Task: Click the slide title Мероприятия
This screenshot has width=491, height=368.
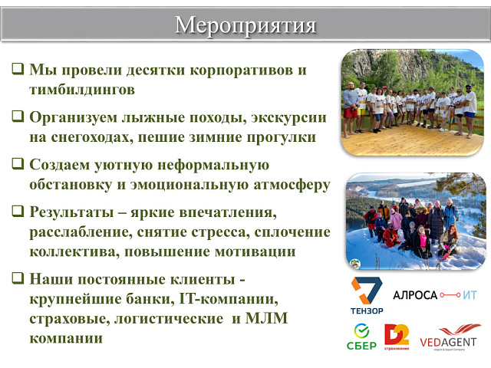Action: (245, 25)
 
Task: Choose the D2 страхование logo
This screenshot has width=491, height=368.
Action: (397, 337)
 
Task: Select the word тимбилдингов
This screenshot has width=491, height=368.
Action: (82, 90)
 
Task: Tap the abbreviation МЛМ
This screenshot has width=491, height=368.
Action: (285, 317)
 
